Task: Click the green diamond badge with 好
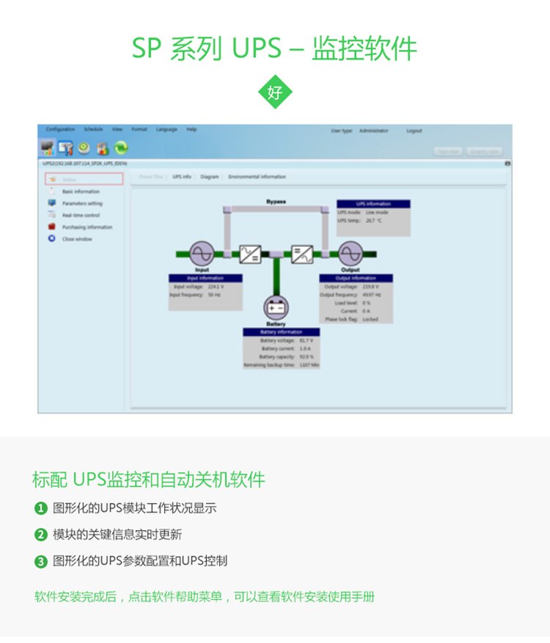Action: [275, 92]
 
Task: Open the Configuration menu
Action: [60, 130]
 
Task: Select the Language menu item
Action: [166, 130]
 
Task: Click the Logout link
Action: [414, 131]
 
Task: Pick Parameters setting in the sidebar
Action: [82, 203]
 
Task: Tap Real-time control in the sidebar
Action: [81, 216]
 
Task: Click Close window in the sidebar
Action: [77, 239]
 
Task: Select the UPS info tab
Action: [182, 177]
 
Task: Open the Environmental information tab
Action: [257, 177]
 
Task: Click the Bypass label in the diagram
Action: [276, 201]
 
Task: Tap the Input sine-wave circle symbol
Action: [202, 254]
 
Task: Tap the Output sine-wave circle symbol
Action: [351, 254]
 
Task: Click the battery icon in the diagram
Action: [276, 307]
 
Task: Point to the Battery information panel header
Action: [281, 331]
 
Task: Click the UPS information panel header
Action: [373, 204]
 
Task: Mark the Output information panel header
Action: [356, 278]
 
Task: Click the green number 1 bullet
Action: [41, 508]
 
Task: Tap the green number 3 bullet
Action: [41, 562]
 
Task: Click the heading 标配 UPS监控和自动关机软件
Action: [149, 480]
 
